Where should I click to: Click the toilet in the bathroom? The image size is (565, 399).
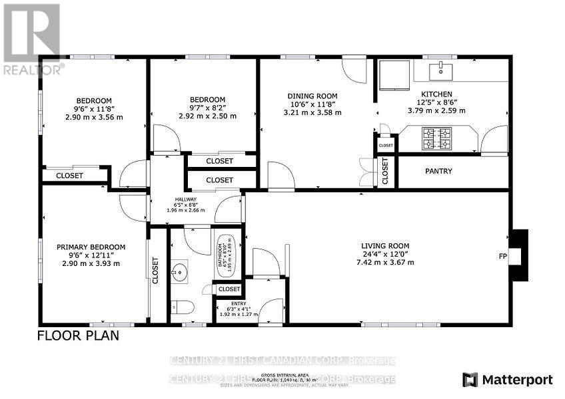click(x=182, y=307)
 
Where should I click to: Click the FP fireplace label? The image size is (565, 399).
click(x=503, y=255)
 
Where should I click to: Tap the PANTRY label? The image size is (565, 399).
click(x=438, y=172)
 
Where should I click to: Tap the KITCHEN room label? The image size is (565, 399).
click(x=436, y=94)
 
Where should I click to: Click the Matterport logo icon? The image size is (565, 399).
click(x=471, y=380)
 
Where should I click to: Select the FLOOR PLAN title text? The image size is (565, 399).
click(x=78, y=335)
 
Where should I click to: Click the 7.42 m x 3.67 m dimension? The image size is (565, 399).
click(x=385, y=262)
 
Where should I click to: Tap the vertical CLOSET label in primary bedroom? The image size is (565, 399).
click(x=155, y=271)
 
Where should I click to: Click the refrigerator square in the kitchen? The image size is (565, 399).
click(x=395, y=74)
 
